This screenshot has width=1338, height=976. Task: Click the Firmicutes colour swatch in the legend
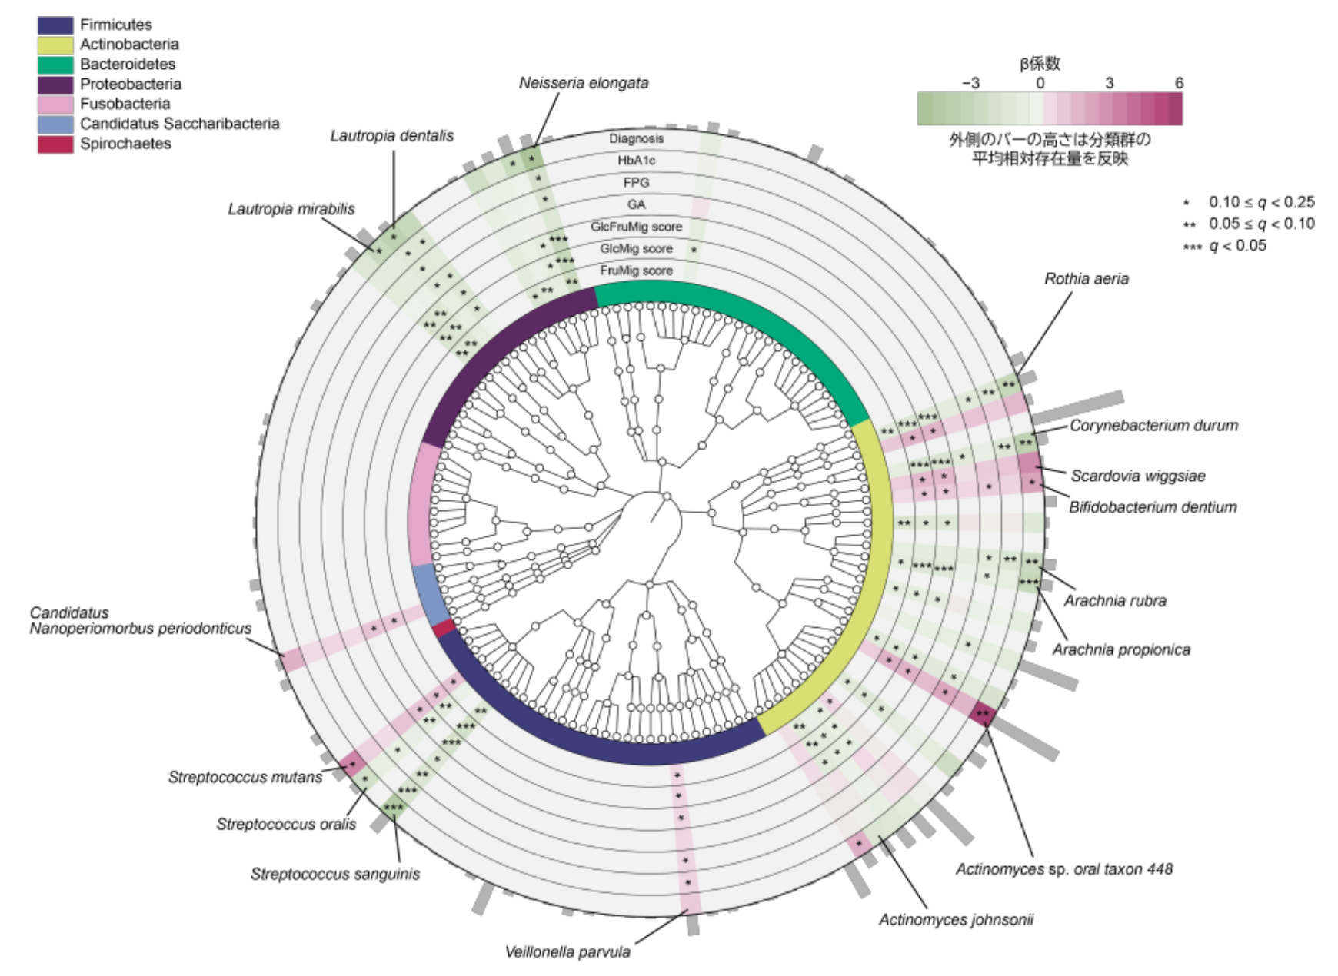coord(55,25)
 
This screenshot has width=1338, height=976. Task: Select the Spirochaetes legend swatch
coord(55,144)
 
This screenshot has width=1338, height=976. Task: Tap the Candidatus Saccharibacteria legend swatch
coord(55,124)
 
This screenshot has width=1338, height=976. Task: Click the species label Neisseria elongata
coord(583,83)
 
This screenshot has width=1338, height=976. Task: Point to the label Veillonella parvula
coord(567,952)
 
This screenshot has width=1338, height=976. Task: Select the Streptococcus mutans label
coord(245,778)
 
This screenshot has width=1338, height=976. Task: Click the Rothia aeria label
coord(1086,279)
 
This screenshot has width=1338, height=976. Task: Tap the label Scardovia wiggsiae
coord(1137,476)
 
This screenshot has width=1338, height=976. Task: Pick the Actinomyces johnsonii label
coord(956,920)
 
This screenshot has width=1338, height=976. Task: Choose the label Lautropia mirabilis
coord(291,209)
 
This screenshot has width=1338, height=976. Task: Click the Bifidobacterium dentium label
coord(1152,507)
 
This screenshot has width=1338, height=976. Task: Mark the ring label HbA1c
coord(636,161)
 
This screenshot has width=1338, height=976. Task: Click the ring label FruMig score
coord(636,271)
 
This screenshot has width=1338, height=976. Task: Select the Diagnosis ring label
coord(636,138)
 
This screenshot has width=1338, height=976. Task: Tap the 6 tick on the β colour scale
coord(1178,83)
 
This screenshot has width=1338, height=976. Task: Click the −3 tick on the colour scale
coord(970,83)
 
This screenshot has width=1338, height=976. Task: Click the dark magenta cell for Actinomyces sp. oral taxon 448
coord(982,713)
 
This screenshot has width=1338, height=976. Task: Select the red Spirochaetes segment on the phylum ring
coord(443,629)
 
